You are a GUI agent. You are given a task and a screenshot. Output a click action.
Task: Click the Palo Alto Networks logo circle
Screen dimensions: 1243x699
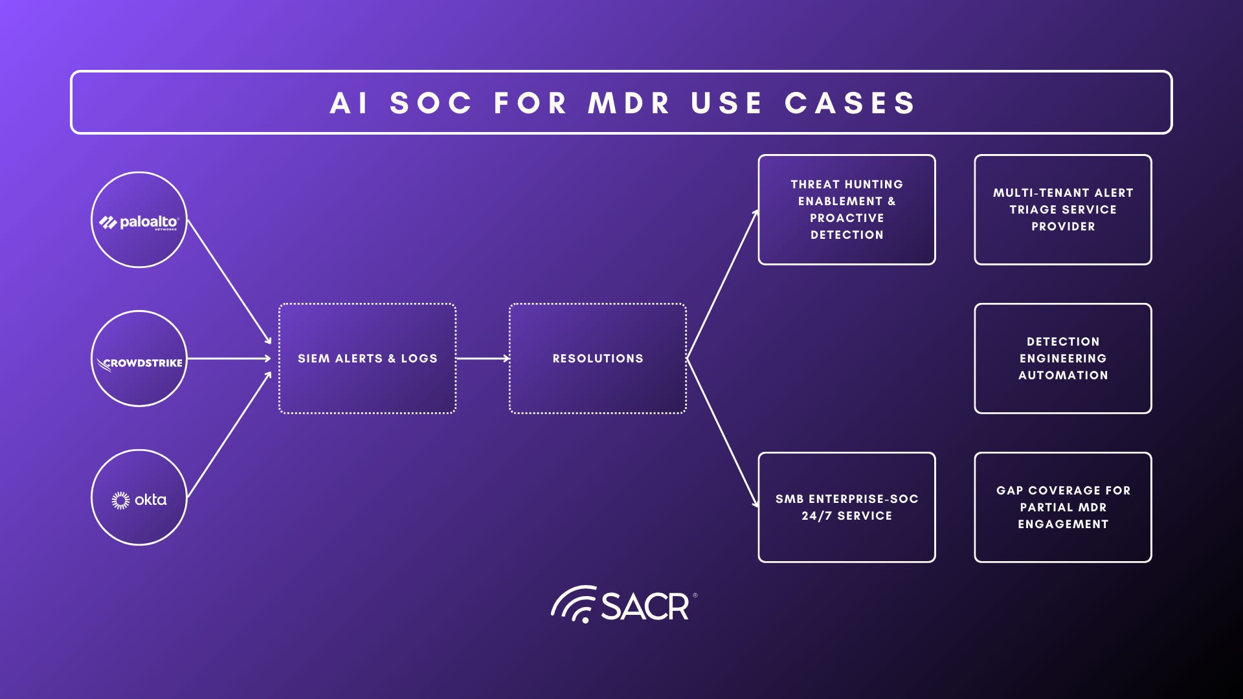click(x=139, y=220)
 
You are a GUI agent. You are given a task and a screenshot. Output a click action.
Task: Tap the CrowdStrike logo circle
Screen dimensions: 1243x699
click(x=139, y=359)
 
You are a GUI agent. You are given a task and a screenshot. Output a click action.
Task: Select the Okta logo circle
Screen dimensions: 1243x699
click(x=139, y=498)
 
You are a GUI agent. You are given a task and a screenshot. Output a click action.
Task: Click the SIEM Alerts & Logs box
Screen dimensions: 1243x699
click(x=367, y=359)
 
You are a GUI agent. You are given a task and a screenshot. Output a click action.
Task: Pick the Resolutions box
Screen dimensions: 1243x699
click(x=598, y=359)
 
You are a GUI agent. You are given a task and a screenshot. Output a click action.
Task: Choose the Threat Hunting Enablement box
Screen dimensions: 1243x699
click(x=847, y=210)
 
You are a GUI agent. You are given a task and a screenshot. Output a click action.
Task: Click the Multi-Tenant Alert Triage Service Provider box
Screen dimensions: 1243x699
click(x=1063, y=210)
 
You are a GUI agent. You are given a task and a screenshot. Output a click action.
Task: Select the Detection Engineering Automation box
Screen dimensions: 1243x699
click(x=1063, y=359)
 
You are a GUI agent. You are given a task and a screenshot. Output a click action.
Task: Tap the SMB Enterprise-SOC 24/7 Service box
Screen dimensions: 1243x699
click(x=847, y=507)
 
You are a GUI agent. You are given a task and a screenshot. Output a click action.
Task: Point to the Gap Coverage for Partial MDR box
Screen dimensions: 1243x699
click(x=1063, y=507)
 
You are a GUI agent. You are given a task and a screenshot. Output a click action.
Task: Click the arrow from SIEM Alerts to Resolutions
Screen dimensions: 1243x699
click(x=483, y=359)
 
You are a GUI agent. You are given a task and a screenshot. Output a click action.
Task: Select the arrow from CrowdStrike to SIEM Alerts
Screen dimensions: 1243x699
click(x=229, y=359)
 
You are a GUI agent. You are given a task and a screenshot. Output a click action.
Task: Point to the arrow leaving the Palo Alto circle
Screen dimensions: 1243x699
click(x=229, y=282)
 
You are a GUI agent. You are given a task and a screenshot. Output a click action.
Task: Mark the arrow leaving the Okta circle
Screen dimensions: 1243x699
click(x=229, y=435)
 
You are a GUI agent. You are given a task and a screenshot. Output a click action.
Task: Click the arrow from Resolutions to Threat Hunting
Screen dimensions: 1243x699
click(x=722, y=285)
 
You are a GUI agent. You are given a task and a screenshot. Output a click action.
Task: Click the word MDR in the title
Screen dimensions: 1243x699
click(x=629, y=104)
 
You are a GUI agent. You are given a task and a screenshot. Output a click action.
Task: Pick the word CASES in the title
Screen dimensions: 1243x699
click(x=851, y=104)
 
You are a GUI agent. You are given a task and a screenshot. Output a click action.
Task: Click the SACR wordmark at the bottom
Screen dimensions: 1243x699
click(x=645, y=606)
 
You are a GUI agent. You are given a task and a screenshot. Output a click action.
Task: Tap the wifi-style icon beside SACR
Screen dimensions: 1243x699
click(x=574, y=605)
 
